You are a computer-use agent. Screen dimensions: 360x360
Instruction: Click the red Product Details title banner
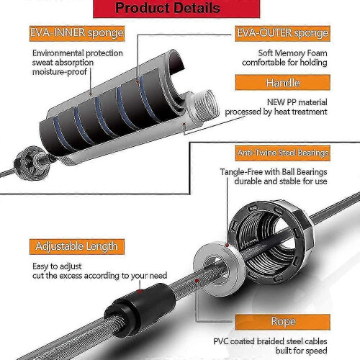pyautogui.click(x=176, y=9)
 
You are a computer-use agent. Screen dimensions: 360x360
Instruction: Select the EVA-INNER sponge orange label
pyautogui.click(x=77, y=33)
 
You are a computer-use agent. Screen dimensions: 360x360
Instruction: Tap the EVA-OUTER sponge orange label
pyautogui.click(x=282, y=33)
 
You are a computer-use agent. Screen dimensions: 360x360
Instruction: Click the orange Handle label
pyautogui.click(x=282, y=83)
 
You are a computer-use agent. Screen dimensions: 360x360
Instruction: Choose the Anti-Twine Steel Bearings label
pyautogui.click(x=282, y=153)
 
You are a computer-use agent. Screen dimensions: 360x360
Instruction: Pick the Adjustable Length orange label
pyautogui.click(x=77, y=246)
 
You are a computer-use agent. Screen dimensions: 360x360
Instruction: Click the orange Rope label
pyautogui.click(x=282, y=322)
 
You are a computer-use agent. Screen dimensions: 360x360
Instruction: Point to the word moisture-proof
pyautogui.click(x=60, y=72)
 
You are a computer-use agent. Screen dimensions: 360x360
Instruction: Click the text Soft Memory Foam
pyautogui.click(x=292, y=53)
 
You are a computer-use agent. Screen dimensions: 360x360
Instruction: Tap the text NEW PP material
pyautogui.click(x=297, y=102)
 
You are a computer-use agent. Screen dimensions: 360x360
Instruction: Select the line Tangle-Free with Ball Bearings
pyautogui.click(x=274, y=172)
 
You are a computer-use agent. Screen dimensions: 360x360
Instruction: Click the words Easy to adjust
pyautogui.click(x=57, y=266)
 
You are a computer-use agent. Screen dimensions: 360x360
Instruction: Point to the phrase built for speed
pyautogui.click(x=301, y=351)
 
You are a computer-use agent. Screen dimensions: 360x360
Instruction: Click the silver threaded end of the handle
pyautogui.click(x=206, y=104)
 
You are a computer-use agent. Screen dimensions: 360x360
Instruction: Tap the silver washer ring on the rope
pyautogui.click(x=219, y=269)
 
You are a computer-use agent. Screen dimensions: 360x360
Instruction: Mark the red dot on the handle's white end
pyautogui.click(x=184, y=124)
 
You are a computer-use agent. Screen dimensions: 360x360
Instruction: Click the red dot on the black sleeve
pyautogui.click(x=140, y=292)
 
